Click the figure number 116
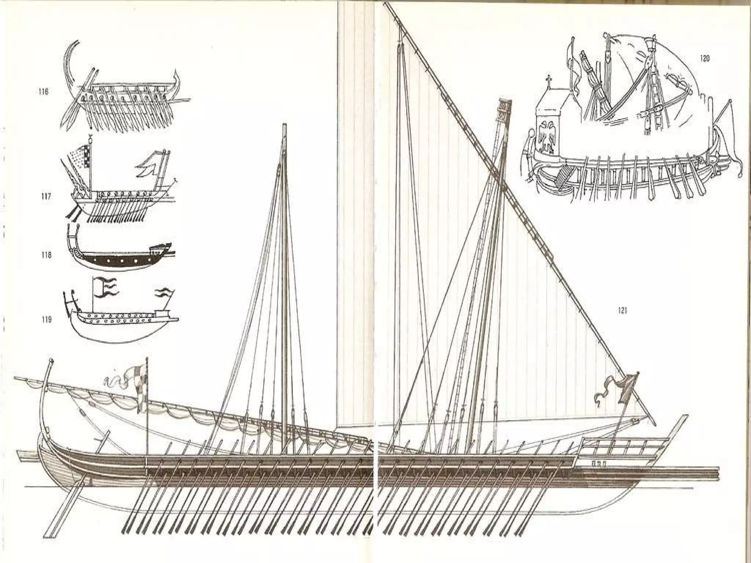pos(44,92)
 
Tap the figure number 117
pos(45,197)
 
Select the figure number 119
pos(45,320)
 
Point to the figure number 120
pos(704,59)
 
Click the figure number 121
pos(622,311)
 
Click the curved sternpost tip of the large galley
pos(51,363)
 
